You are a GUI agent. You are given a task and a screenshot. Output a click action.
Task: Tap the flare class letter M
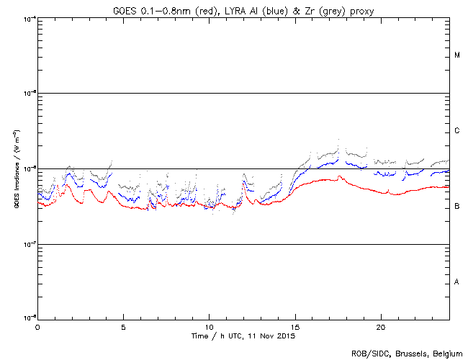pos(457,55)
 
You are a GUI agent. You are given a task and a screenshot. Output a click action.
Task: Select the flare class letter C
pos(457,131)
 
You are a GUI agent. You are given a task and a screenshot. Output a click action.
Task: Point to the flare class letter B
pos(457,207)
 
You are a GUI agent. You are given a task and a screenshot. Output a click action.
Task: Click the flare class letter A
pos(457,282)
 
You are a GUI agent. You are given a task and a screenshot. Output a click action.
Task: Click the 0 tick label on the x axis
pos(37,327)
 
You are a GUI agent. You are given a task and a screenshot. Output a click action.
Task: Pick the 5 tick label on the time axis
pos(123,327)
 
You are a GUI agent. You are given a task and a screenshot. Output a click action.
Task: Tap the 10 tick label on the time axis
pos(209,327)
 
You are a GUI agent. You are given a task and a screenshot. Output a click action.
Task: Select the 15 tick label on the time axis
pos(295,327)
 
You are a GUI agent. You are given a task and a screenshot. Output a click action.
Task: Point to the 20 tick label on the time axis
pos(381,327)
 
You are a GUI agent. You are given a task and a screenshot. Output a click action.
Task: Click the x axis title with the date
pos(243,336)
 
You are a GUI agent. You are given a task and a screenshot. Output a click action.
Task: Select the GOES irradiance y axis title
pos(16,168)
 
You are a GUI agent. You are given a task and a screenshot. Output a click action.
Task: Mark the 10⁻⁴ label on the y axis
pos(30,18)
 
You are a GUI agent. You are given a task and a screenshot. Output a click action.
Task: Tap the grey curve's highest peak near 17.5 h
pos(338,141)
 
